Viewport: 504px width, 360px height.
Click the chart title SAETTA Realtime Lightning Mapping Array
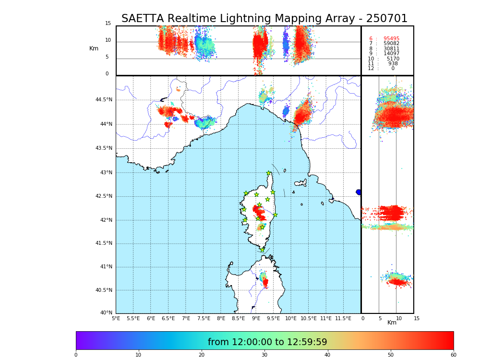(x=264, y=19)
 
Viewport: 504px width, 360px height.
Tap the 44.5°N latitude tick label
(x=104, y=100)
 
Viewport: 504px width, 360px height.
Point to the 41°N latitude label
(x=106, y=267)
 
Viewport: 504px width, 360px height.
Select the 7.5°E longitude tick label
(x=203, y=318)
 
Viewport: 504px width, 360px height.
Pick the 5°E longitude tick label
(x=116, y=318)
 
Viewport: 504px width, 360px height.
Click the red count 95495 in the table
(x=391, y=39)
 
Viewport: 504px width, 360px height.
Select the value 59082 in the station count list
(x=391, y=44)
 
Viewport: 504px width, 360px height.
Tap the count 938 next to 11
(x=393, y=64)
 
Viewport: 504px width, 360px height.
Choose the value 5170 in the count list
(x=393, y=59)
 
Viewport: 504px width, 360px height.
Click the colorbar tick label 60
(x=453, y=355)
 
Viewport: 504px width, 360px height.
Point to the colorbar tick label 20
(x=202, y=355)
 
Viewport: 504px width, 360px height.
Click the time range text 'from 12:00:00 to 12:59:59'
(x=267, y=342)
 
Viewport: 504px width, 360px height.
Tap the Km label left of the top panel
(x=94, y=48)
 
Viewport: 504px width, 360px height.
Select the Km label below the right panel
(x=392, y=323)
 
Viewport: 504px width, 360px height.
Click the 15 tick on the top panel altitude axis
(x=108, y=24)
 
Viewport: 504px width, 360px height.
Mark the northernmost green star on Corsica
(x=269, y=173)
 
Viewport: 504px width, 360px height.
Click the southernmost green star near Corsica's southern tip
(x=262, y=250)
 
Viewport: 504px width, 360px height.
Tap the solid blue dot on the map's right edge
(x=359, y=192)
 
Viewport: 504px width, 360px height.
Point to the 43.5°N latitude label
(x=104, y=148)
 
